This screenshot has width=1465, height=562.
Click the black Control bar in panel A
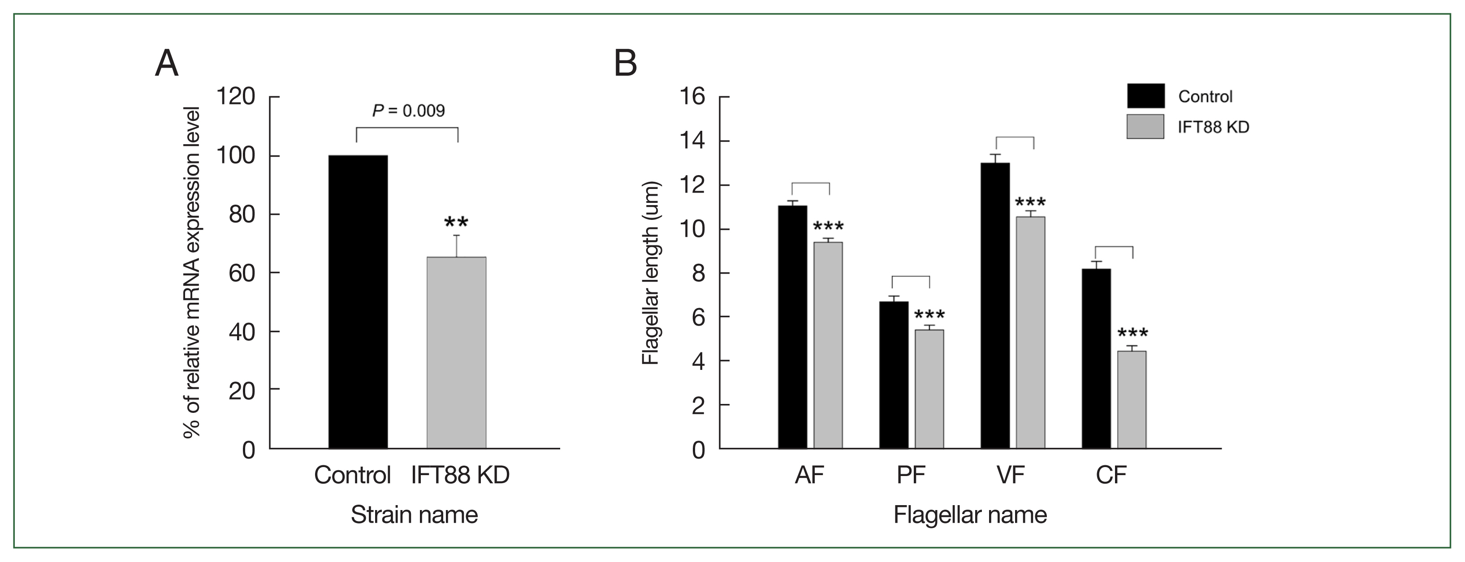358,301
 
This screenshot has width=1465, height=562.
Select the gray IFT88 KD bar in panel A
456,352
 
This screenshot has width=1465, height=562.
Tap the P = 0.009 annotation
408,111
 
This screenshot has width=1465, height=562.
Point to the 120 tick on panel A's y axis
236,97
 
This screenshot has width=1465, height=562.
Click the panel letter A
167,64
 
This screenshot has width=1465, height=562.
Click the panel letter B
626,64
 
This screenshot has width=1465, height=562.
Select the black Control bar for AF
792,327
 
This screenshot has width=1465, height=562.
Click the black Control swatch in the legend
1145,96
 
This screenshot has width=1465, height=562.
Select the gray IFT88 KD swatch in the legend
1145,126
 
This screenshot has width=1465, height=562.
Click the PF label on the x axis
911,475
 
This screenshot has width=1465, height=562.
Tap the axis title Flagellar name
970,515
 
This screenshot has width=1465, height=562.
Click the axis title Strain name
414,515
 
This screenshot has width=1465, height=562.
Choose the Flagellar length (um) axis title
650,273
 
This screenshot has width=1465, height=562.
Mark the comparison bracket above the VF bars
1015,138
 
